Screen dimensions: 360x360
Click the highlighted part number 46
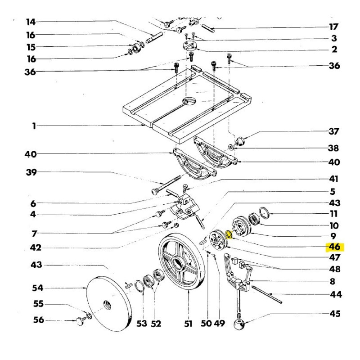[334, 247]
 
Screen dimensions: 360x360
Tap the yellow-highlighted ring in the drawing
[228, 234]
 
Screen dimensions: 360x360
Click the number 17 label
[334, 27]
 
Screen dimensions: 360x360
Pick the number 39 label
[31, 172]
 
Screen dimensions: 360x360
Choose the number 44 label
[335, 295]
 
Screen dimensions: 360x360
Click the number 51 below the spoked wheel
[188, 324]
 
